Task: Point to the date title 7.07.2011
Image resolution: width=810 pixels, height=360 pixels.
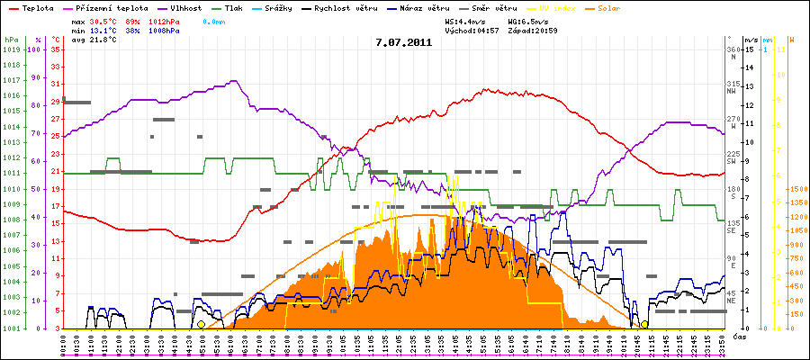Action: pos(404,41)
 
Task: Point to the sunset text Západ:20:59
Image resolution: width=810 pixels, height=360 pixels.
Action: pos(532,30)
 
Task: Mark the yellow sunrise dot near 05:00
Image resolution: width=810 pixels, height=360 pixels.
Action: pos(201,324)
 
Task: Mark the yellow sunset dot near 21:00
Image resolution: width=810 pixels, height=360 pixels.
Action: pos(644,324)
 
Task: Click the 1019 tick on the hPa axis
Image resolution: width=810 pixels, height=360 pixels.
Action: pos(11,49)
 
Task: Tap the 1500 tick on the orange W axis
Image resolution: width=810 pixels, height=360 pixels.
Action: pos(796,190)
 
